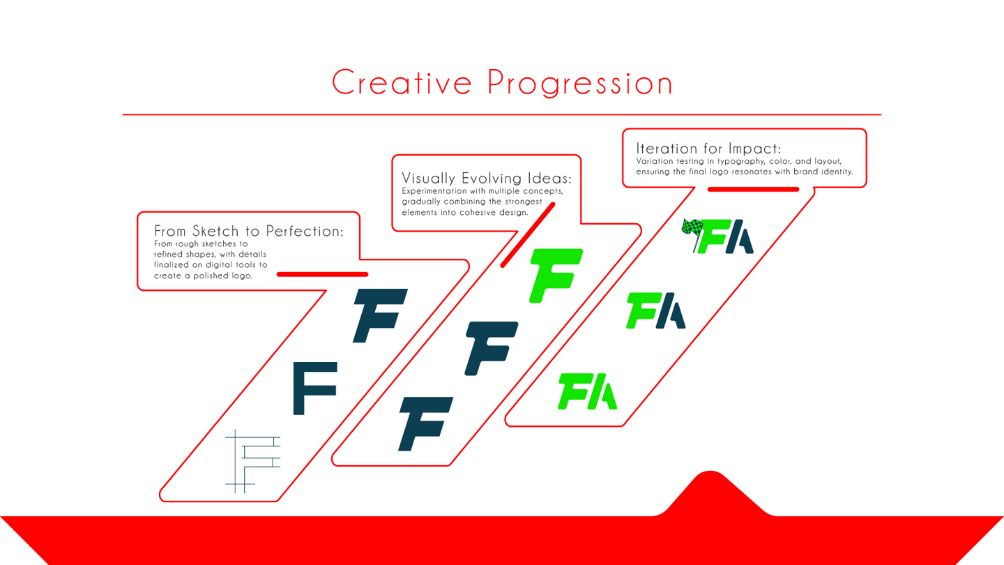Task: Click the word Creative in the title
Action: (x=402, y=83)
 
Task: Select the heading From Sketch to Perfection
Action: (x=248, y=231)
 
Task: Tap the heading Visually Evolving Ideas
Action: (x=486, y=179)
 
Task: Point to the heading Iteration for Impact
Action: (x=708, y=149)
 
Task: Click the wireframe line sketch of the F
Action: (x=252, y=460)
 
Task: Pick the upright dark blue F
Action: (x=314, y=388)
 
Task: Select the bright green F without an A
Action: (x=555, y=275)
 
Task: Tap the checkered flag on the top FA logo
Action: (x=692, y=229)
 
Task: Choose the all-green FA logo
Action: (x=588, y=392)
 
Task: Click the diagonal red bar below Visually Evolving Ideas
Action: (x=528, y=234)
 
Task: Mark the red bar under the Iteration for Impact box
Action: (x=753, y=189)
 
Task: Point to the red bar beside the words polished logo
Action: (x=322, y=274)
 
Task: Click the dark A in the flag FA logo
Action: (x=741, y=238)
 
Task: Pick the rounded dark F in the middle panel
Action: (x=491, y=347)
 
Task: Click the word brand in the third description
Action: (x=805, y=172)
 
